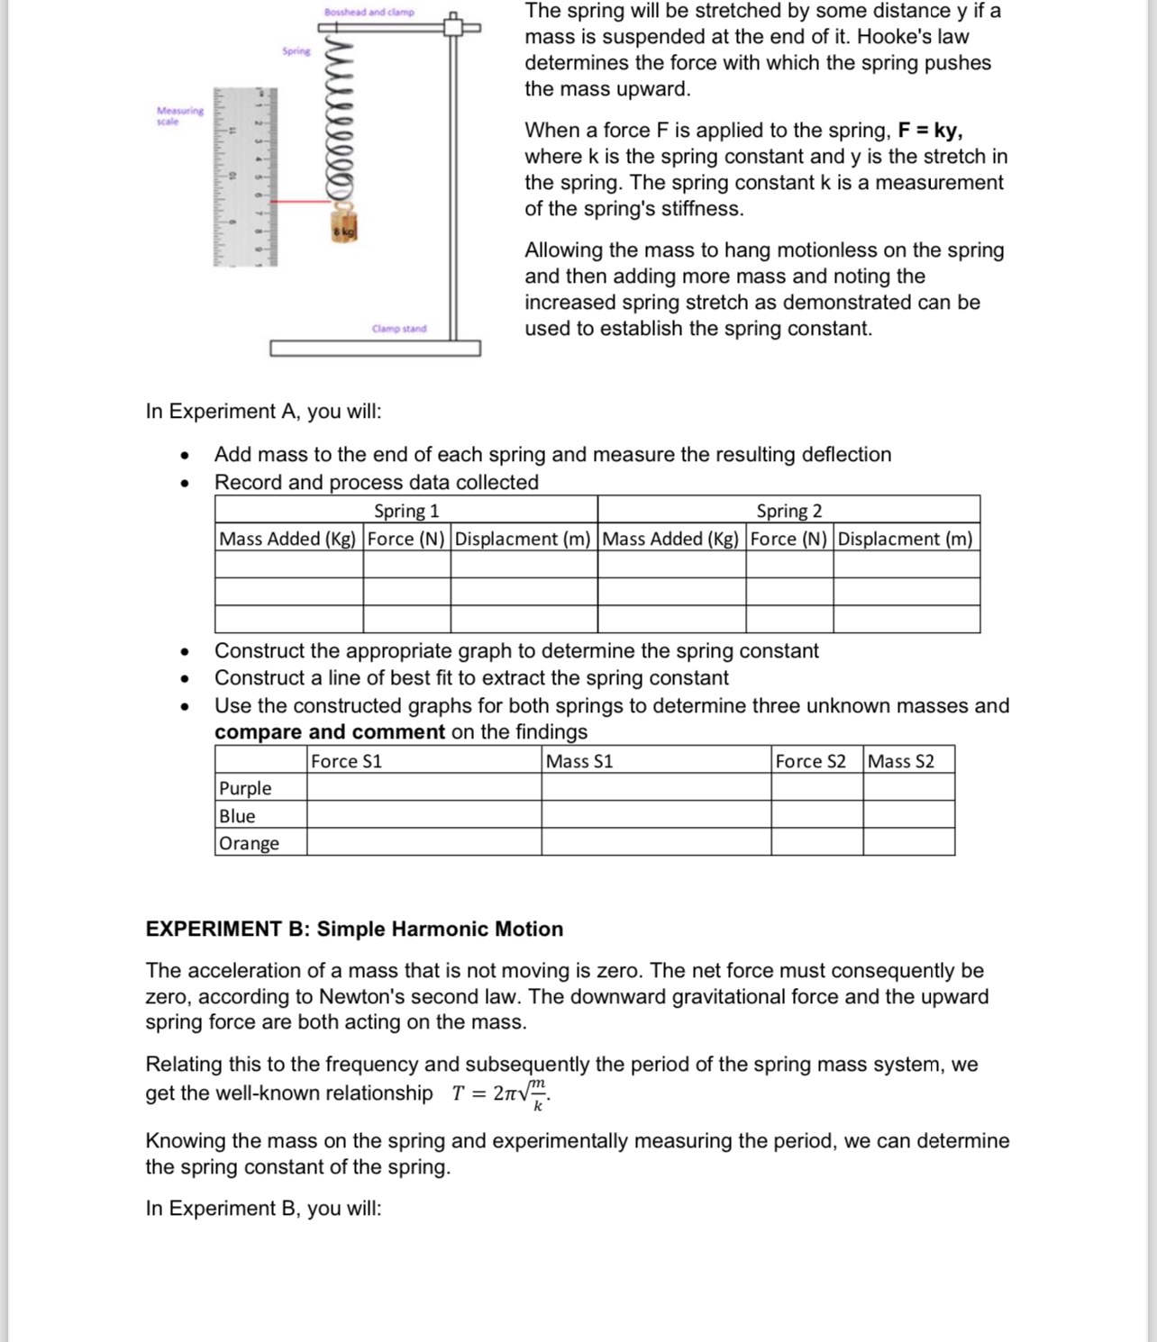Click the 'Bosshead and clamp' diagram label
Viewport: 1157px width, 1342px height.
click(x=369, y=12)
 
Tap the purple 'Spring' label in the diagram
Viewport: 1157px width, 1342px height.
click(x=296, y=51)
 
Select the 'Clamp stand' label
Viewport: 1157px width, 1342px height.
click(x=399, y=329)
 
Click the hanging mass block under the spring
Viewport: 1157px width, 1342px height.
click(x=344, y=229)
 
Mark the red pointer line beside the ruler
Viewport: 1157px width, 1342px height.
click(x=302, y=202)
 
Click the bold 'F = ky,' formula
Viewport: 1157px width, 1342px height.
click(x=930, y=130)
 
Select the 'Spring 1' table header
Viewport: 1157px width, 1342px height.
click(x=406, y=511)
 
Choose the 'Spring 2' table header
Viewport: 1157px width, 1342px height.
click(x=788, y=511)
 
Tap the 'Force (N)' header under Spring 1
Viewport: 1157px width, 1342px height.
click(x=406, y=539)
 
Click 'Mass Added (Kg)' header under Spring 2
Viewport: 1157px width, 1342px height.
click(x=671, y=539)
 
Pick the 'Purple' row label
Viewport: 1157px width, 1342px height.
click(x=245, y=788)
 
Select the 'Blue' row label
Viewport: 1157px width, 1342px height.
click(x=237, y=816)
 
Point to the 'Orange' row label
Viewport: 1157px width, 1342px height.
click(x=249, y=843)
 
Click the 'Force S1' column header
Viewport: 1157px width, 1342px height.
click(x=346, y=761)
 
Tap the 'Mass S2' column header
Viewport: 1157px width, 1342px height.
click(x=900, y=761)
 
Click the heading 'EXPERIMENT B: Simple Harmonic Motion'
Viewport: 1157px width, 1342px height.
click(x=354, y=929)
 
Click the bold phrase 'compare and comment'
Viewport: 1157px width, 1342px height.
click(x=330, y=731)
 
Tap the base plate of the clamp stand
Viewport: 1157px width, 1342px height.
click(x=375, y=348)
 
